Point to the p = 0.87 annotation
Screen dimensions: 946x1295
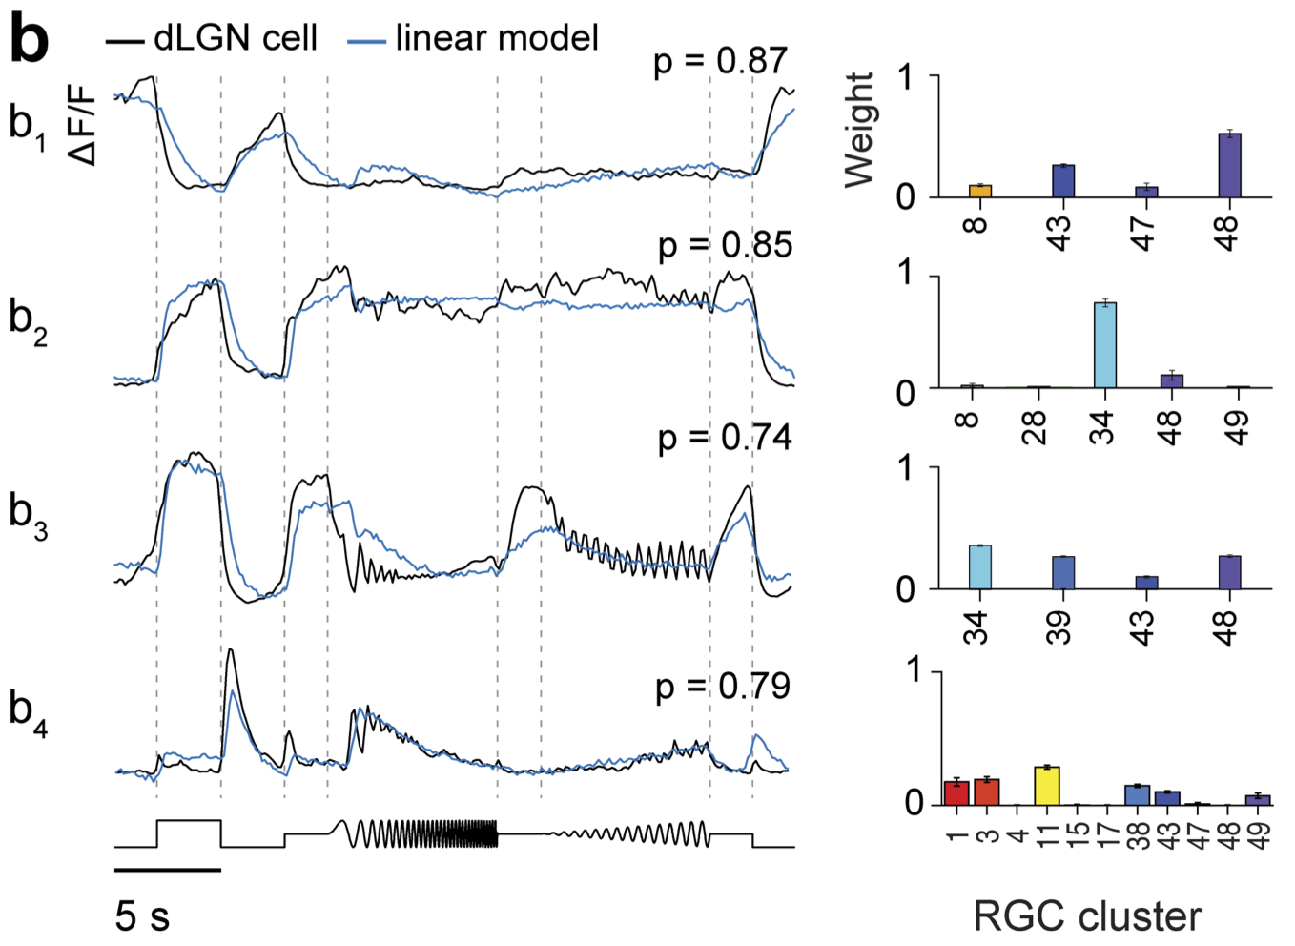click(721, 61)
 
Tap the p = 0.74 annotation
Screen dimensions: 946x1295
click(725, 437)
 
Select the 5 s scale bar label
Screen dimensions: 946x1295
click(142, 916)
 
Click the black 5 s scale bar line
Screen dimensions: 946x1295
click(168, 870)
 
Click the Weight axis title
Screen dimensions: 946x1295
click(859, 130)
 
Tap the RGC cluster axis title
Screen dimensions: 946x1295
click(1087, 916)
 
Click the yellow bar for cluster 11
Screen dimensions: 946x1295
click(1047, 785)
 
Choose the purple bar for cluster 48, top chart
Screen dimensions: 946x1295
click(1229, 165)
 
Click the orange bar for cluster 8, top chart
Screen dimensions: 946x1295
click(980, 191)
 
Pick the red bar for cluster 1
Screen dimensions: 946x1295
click(956, 792)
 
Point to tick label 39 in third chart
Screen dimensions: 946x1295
click(1060, 627)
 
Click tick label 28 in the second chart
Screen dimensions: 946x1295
click(1036, 427)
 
